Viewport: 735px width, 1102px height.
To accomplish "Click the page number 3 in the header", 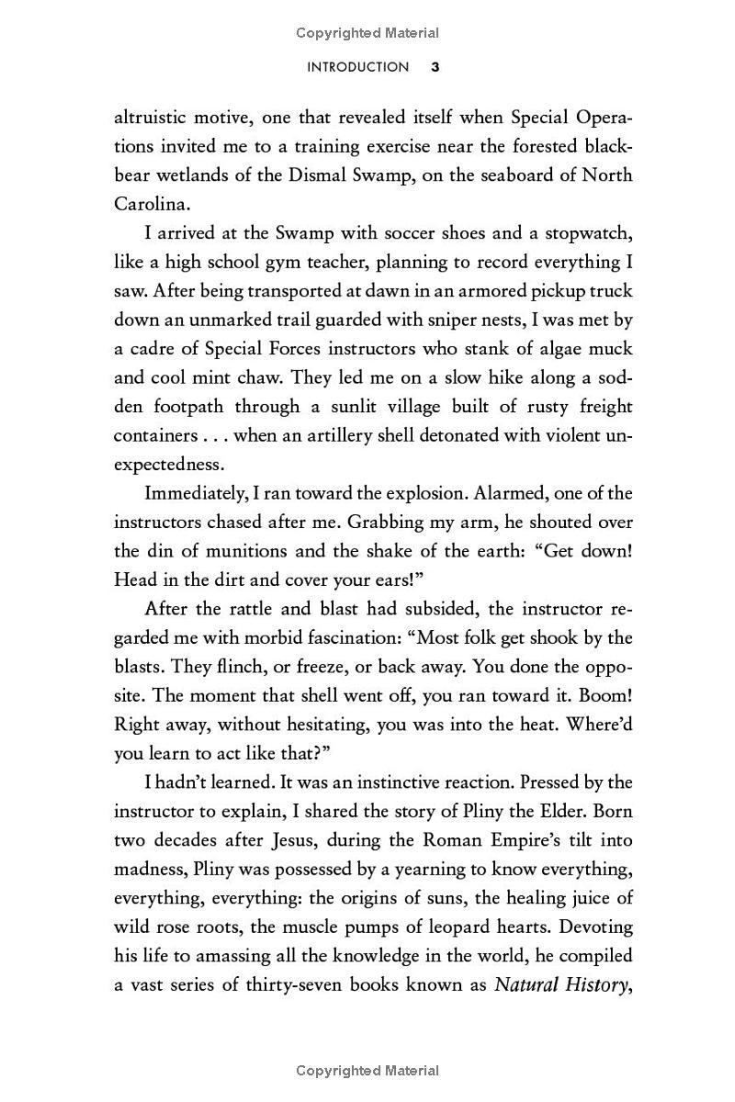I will point(435,67).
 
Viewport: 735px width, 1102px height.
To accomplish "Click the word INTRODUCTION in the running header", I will point(358,67).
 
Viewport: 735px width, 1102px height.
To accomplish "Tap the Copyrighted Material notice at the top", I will point(367,33).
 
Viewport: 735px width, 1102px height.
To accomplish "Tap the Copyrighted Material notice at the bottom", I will point(367,1071).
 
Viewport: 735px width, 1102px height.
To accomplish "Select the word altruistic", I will point(150,117).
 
